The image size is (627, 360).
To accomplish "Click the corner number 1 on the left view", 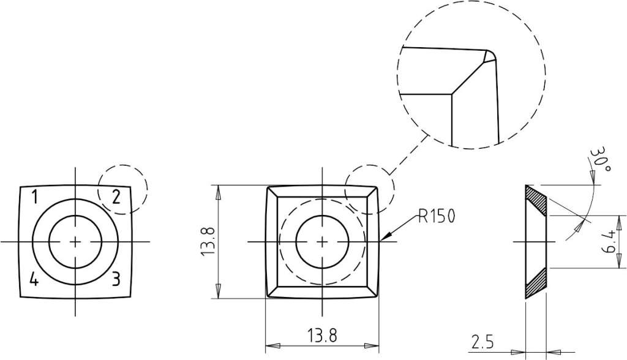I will [35, 197].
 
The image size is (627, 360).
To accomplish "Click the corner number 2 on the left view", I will [116, 197].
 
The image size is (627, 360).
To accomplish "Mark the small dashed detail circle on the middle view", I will [370, 189].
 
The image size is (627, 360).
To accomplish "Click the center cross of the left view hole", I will [75, 242].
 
